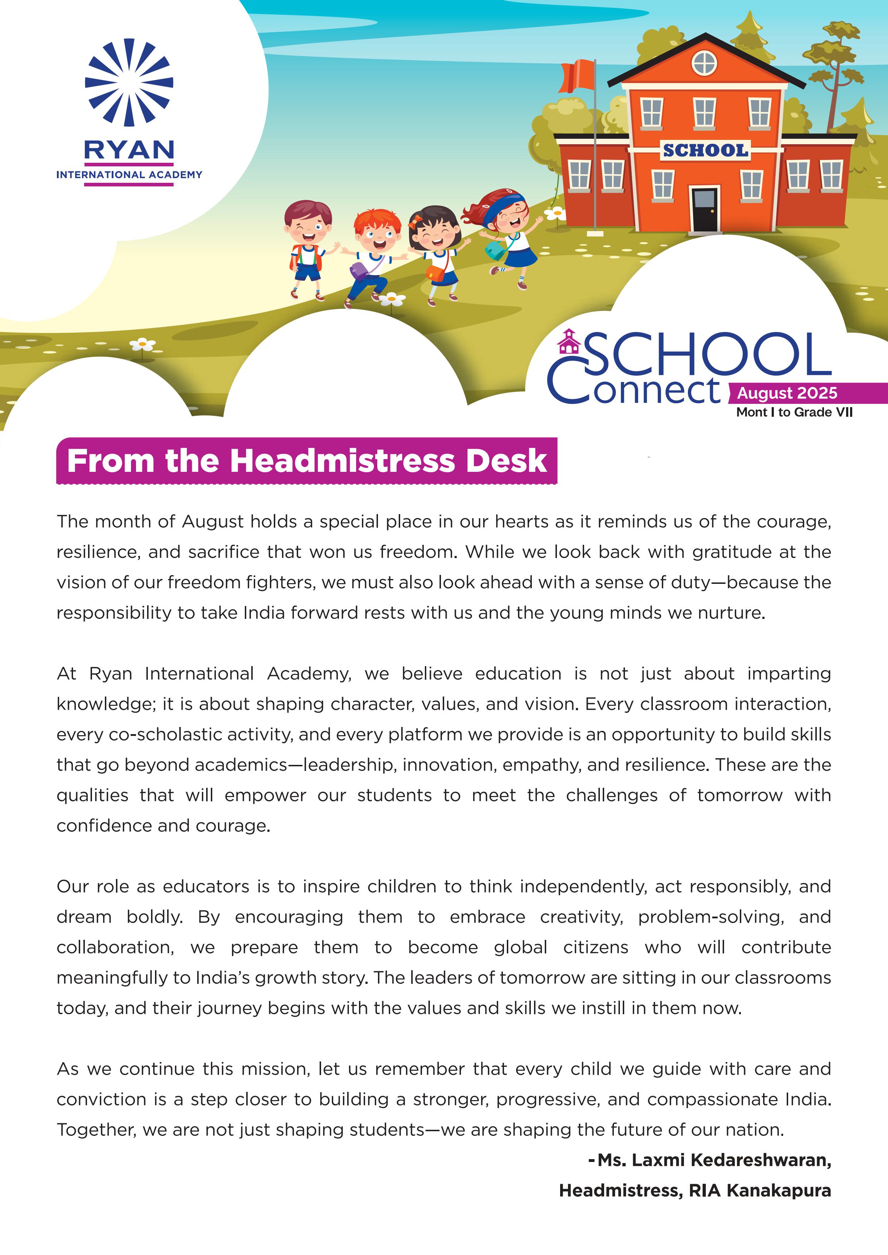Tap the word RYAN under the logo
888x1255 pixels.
[x=129, y=150]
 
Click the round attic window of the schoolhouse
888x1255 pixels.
[x=704, y=63]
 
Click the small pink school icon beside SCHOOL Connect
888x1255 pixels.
[x=569, y=342]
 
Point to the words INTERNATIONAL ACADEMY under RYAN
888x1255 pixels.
[x=129, y=175]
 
